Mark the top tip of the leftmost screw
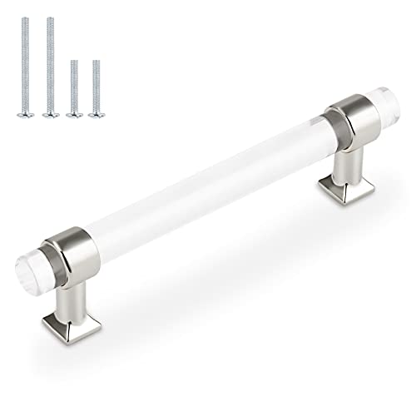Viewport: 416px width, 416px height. point(27,18)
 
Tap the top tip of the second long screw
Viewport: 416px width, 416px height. point(50,18)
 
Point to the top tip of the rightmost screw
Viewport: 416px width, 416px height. point(96,62)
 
